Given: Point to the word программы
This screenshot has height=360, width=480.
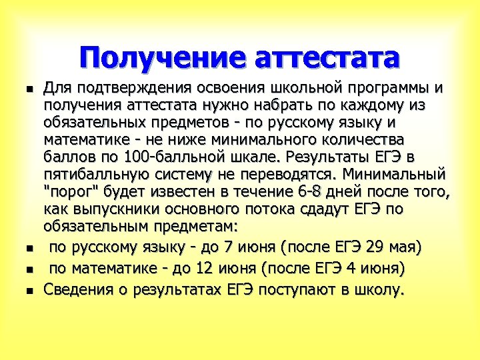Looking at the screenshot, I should pos(387,89).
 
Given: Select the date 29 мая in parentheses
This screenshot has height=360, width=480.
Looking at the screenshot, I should pos(389,248).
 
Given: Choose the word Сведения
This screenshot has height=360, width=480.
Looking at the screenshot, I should pos(76,290).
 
